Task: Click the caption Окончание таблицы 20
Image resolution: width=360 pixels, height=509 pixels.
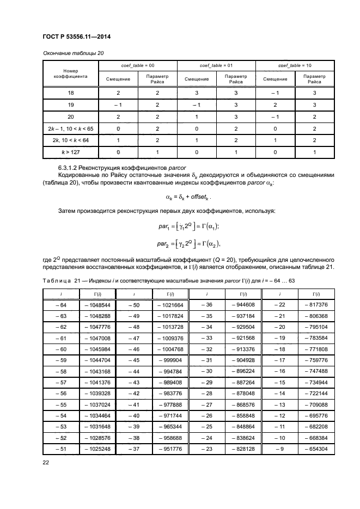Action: [72, 53]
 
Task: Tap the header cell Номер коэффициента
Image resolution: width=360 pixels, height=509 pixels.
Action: [71, 74]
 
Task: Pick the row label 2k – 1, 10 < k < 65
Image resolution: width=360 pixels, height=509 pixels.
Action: [71, 128]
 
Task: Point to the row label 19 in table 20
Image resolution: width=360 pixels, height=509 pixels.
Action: [71, 105]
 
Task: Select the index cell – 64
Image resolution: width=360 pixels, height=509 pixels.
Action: [60, 305]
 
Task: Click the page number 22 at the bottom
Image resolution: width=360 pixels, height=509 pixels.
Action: [46, 463]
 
